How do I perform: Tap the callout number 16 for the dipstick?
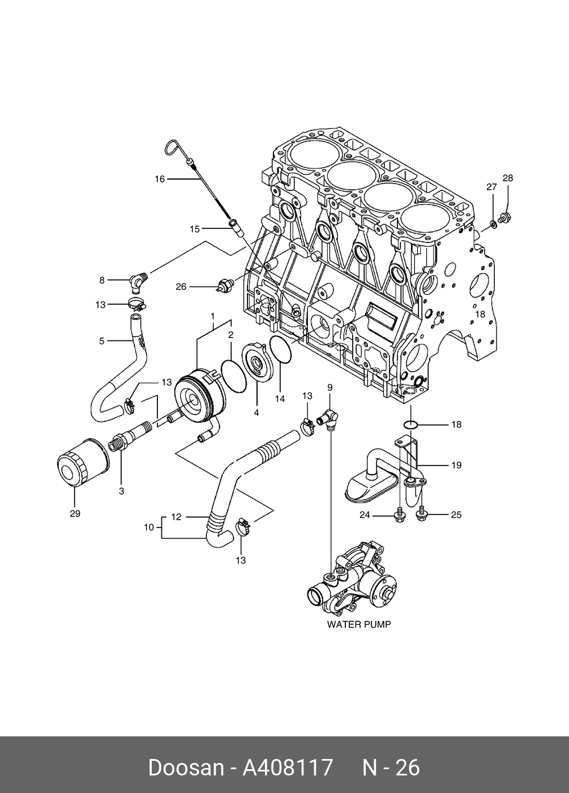(160, 179)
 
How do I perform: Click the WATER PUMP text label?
(359, 625)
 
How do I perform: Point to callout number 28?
(508, 178)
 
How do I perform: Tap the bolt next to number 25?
(421, 514)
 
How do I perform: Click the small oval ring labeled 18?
(412, 424)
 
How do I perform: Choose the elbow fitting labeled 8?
(138, 279)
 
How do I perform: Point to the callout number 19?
(456, 465)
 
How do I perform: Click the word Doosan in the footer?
(186, 768)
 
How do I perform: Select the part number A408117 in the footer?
(288, 768)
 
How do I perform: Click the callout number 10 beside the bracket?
(149, 527)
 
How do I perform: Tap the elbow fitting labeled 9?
(328, 419)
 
